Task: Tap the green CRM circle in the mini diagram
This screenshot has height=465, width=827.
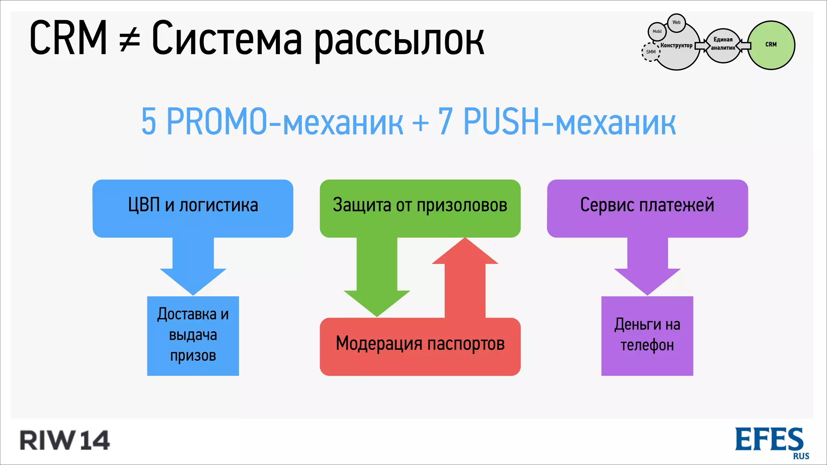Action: click(x=771, y=45)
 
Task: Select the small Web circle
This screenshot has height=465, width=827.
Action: click(x=676, y=23)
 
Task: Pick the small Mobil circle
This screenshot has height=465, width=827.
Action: click(x=657, y=31)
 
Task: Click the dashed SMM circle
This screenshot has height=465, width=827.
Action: click(x=651, y=52)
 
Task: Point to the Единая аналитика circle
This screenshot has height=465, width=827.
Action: click(x=723, y=44)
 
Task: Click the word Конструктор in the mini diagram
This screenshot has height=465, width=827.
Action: click(x=676, y=46)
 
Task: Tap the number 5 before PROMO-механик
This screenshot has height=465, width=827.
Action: click(x=149, y=121)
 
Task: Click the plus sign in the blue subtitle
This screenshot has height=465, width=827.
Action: click(x=420, y=122)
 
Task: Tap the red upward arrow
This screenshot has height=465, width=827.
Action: click(x=465, y=279)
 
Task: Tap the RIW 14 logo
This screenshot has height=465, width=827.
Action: click(x=65, y=440)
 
